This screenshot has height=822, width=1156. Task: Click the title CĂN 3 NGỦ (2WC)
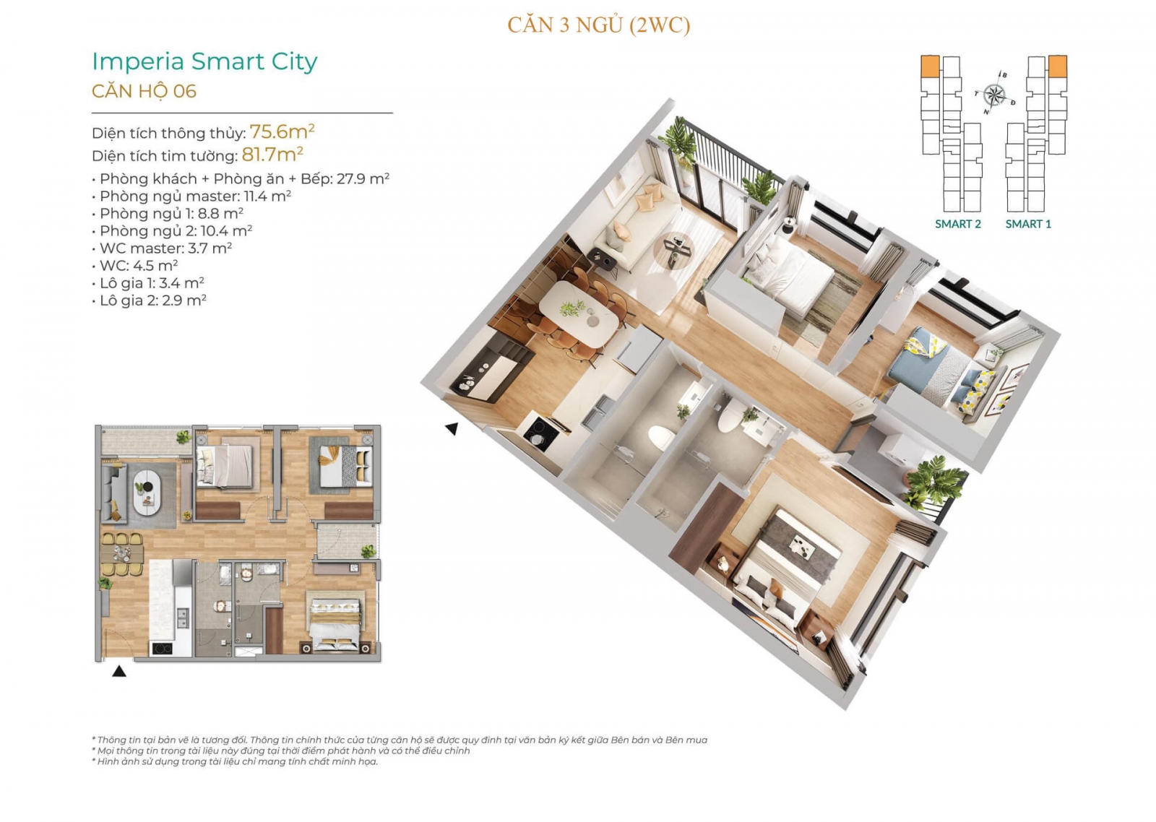(598, 25)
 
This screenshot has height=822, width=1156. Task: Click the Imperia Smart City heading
(204, 62)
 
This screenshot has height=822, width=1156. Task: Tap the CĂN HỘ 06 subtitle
(144, 91)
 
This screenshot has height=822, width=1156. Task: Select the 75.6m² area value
(282, 131)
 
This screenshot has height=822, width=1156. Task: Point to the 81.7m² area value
(272, 154)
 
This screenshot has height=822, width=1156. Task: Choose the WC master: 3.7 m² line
(162, 248)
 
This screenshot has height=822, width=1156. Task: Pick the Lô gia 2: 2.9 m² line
(149, 300)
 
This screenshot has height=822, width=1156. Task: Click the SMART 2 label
(958, 224)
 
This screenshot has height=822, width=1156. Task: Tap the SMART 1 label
(1028, 224)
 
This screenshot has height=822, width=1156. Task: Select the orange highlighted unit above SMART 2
(930, 66)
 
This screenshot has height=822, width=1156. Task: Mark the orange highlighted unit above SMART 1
(1058, 66)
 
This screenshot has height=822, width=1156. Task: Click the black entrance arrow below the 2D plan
(119, 671)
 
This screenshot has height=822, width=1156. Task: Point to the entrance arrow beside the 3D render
(452, 428)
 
